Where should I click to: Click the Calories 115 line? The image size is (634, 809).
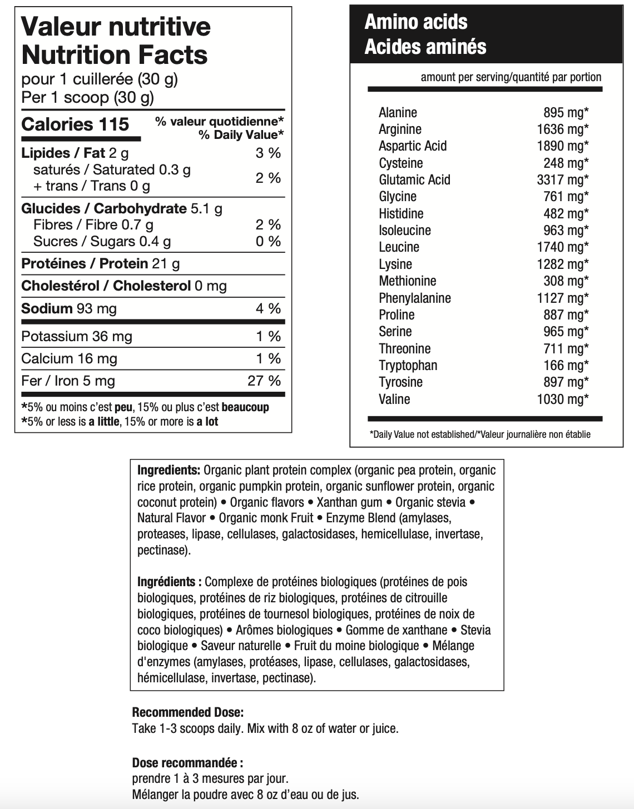click(x=75, y=124)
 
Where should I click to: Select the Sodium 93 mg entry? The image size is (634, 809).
click(x=69, y=309)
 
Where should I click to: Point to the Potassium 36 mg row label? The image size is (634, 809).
click(x=77, y=337)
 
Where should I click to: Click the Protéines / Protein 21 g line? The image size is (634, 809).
click(x=100, y=264)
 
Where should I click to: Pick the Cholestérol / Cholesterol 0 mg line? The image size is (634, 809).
click(x=123, y=286)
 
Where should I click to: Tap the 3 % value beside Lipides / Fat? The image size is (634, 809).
click(x=268, y=153)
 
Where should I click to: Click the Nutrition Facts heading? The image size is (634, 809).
click(x=114, y=55)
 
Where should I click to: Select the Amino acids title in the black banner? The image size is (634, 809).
click(x=415, y=22)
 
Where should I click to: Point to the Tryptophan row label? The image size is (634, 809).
click(x=408, y=366)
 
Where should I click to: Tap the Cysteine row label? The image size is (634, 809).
click(x=400, y=163)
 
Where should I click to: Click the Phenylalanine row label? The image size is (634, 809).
click(x=414, y=298)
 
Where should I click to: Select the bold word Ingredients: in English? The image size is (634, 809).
click(x=169, y=471)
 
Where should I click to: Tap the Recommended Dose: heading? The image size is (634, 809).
click(x=187, y=712)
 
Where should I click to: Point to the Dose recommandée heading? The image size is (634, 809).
click(x=187, y=763)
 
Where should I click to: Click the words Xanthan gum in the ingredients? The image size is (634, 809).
click(x=349, y=503)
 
